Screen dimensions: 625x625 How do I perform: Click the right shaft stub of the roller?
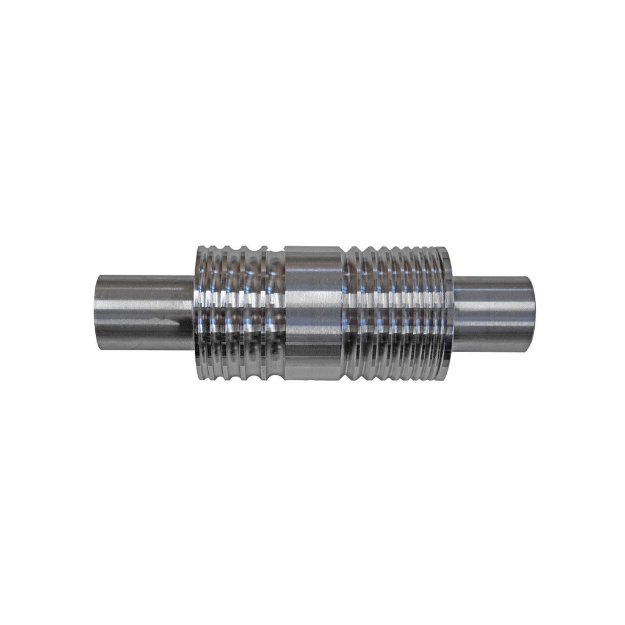pyautogui.click(x=494, y=312)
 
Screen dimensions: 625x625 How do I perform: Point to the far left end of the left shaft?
pyautogui.click(x=96, y=312)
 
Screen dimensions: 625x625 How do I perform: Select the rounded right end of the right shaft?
pyautogui.click(x=535, y=312)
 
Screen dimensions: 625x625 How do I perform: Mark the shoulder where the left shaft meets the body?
pyautogui.click(x=195, y=312)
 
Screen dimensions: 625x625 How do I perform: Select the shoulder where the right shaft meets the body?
pyautogui.click(x=453, y=312)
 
